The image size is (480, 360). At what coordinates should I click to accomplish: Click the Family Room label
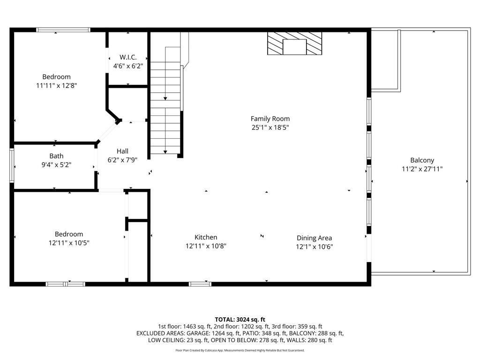pyautogui.click(x=270, y=119)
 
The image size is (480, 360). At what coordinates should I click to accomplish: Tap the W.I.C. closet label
pyautogui.click(x=128, y=57)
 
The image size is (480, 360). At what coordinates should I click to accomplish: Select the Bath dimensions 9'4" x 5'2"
pyautogui.click(x=56, y=165)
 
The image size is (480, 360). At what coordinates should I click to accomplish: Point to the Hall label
pyautogui.click(x=122, y=151)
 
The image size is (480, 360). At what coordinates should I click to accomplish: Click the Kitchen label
pyautogui.click(x=206, y=237)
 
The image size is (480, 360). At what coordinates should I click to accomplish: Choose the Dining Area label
pyautogui.click(x=314, y=238)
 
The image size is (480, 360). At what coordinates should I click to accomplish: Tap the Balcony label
pyautogui.click(x=422, y=160)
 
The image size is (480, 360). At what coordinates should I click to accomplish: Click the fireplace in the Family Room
pyautogui.click(x=294, y=43)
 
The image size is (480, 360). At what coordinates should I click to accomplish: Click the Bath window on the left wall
pyautogui.click(x=12, y=165)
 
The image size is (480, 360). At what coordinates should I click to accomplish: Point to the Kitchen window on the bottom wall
pyautogui.click(x=200, y=284)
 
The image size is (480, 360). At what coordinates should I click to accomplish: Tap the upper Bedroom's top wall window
pyautogui.click(x=63, y=30)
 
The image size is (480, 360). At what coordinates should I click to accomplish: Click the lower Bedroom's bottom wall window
pyautogui.click(x=65, y=284)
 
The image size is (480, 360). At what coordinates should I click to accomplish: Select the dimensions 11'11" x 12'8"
pyautogui.click(x=56, y=85)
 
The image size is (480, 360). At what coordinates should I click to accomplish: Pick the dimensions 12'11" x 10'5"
pyautogui.click(x=69, y=243)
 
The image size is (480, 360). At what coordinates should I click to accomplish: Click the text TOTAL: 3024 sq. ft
pyautogui.click(x=240, y=320)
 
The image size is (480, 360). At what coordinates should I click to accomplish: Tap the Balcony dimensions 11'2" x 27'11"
pyautogui.click(x=422, y=169)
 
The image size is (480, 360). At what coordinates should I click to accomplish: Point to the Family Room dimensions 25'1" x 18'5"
pyautogui.click(x=270, y=127)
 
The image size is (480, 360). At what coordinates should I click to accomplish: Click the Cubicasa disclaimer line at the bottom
pyautogui.click(x=240, y=350)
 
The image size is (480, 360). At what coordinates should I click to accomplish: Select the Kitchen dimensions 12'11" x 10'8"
pyautogui.click(x=206, y=246)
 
